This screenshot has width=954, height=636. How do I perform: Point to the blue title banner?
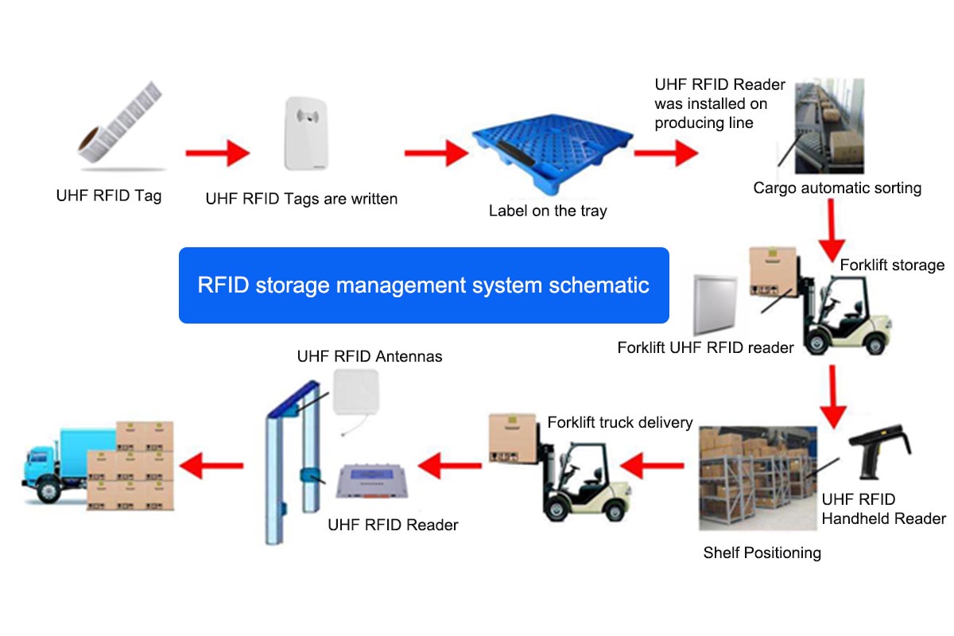424,285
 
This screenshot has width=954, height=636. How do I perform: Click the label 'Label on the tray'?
548,211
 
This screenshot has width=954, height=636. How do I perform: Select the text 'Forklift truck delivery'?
620,422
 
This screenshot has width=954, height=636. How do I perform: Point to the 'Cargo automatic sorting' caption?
837,188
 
